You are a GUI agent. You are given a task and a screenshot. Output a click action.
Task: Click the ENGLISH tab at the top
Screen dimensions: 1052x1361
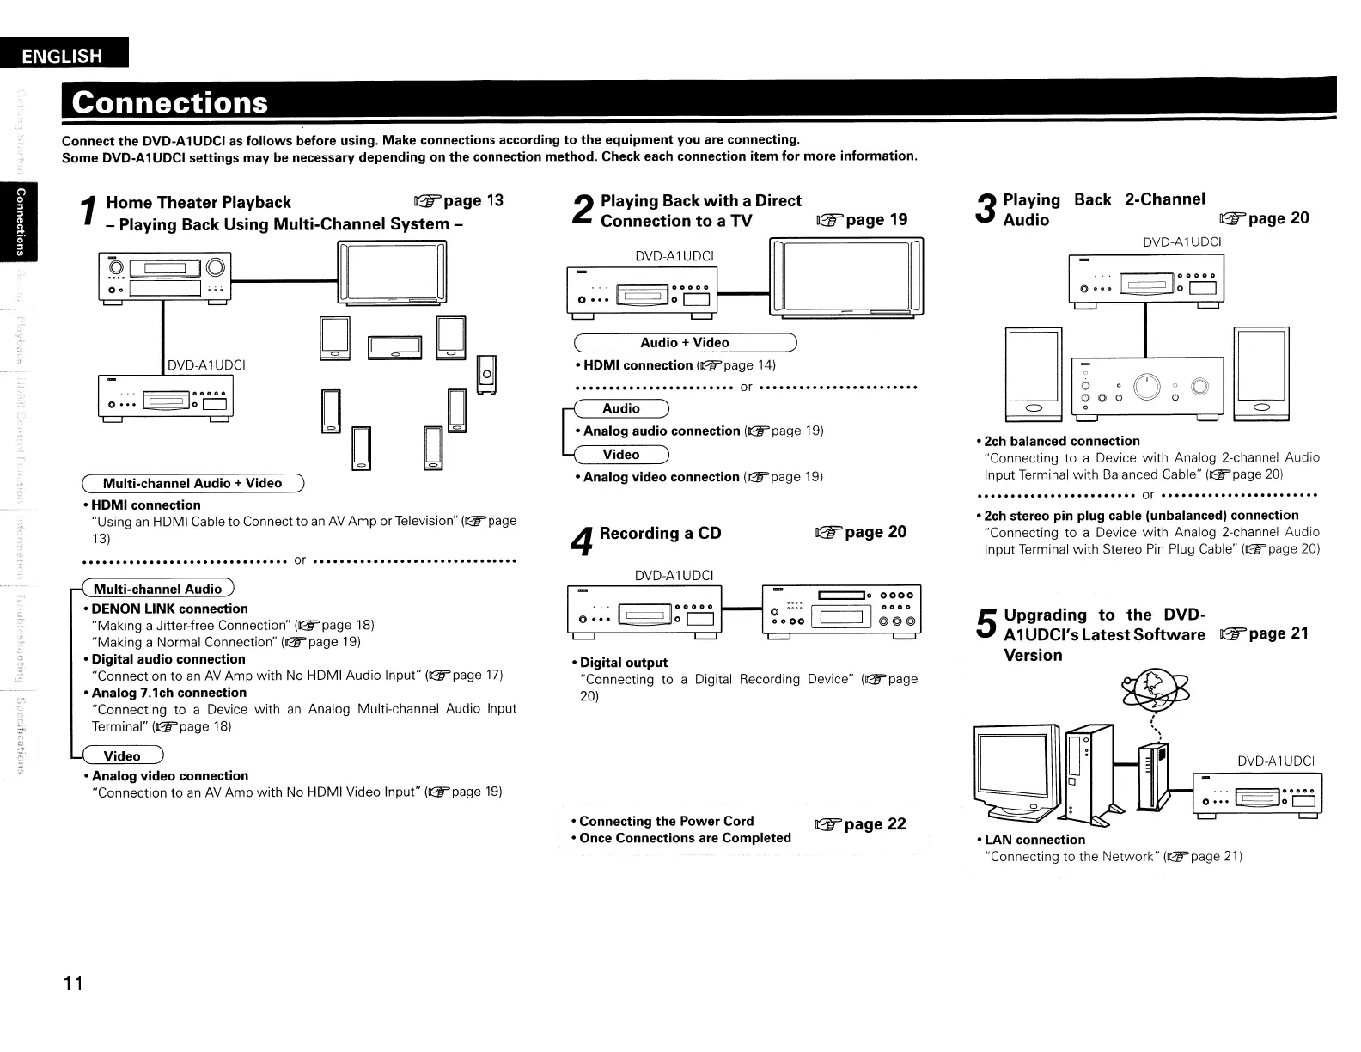(62, 57)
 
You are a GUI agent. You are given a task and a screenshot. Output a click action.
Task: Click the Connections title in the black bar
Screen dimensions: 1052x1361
(170, 102)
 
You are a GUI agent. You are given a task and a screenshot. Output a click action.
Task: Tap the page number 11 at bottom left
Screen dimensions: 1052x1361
(72, 983)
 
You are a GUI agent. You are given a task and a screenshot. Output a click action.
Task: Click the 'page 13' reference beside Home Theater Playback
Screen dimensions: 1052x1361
(460, 201)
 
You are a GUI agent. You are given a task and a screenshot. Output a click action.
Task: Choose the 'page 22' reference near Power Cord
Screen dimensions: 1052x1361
(862, 824)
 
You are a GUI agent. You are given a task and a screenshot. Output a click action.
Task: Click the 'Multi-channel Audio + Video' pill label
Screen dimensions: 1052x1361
(192, 483)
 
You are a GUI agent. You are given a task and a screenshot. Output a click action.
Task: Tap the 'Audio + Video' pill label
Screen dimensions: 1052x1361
(685, 342)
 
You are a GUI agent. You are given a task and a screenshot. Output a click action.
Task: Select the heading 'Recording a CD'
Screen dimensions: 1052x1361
(660, 533)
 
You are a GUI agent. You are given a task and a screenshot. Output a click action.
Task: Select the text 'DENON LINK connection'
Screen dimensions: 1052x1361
(169, 609)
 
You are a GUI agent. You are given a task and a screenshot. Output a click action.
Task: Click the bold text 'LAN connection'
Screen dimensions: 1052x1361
(1034, 840)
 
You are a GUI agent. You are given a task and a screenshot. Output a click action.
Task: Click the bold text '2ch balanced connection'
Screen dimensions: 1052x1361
(1062, 441)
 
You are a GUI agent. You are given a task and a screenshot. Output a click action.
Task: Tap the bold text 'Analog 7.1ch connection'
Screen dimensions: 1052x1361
(169, 693)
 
